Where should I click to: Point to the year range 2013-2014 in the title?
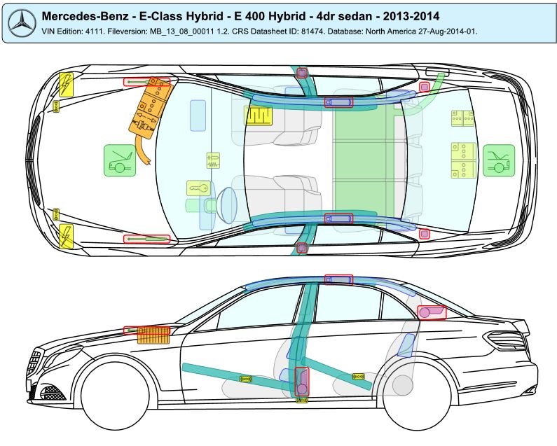413,16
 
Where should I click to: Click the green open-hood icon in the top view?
119,160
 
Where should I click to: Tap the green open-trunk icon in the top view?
498,160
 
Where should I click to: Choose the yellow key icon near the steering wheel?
198,189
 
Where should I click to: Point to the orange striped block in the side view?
153,335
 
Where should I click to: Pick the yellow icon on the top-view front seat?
258,116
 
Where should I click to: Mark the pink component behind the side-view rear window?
430,312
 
